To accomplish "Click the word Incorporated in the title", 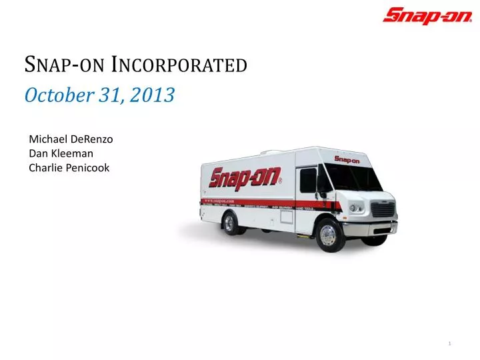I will (x=179, y=65).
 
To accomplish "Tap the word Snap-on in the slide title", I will (x=63, y=65).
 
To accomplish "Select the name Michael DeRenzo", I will (x=71, y=139).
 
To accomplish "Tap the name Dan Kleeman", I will (x=61, y=153).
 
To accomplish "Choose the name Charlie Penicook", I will (x=69, y=168).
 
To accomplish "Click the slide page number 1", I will (x=451, y=343).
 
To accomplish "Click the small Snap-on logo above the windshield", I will (x=347, y=160).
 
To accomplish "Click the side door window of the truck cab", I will (x=308, y=180).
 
